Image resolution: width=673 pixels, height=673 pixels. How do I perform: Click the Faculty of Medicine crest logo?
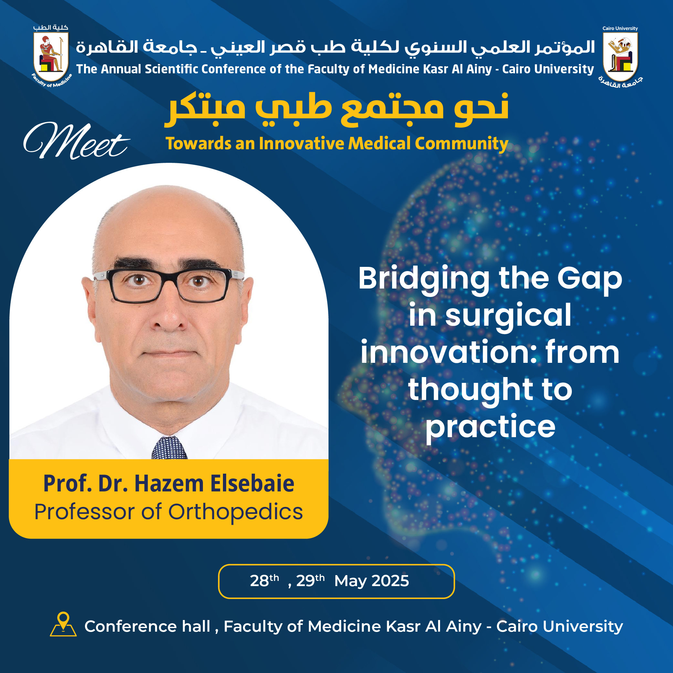click(51, 56)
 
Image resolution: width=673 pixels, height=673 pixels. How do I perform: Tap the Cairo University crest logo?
click(620, 56)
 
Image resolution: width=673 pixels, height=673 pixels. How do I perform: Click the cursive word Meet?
click(76, 141)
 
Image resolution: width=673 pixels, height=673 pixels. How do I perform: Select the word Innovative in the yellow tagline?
click(301, 143)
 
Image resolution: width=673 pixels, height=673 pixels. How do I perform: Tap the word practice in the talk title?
click(490, 427)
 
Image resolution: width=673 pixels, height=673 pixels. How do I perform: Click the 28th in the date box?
click(264, 580)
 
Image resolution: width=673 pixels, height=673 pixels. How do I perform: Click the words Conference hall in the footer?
click(147, 626)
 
